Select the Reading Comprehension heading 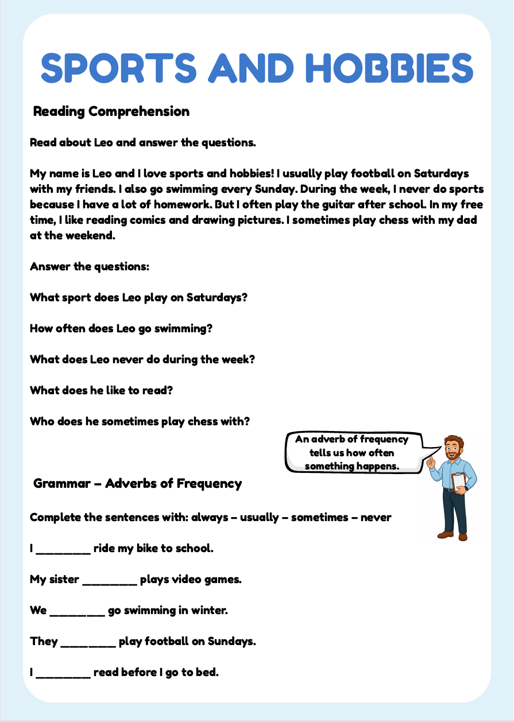pyautogui.click(x=111, y=111)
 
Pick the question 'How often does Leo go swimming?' pyautogui.click(x=121, y=329)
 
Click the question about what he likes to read pyautogui.click(x=102, y=390)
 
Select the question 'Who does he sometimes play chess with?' pyautogui.click(x=140, y=421)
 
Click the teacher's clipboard pyautogui.click(x=459, y=481)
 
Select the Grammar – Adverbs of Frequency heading pyautogui.click(x=138, y=483)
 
